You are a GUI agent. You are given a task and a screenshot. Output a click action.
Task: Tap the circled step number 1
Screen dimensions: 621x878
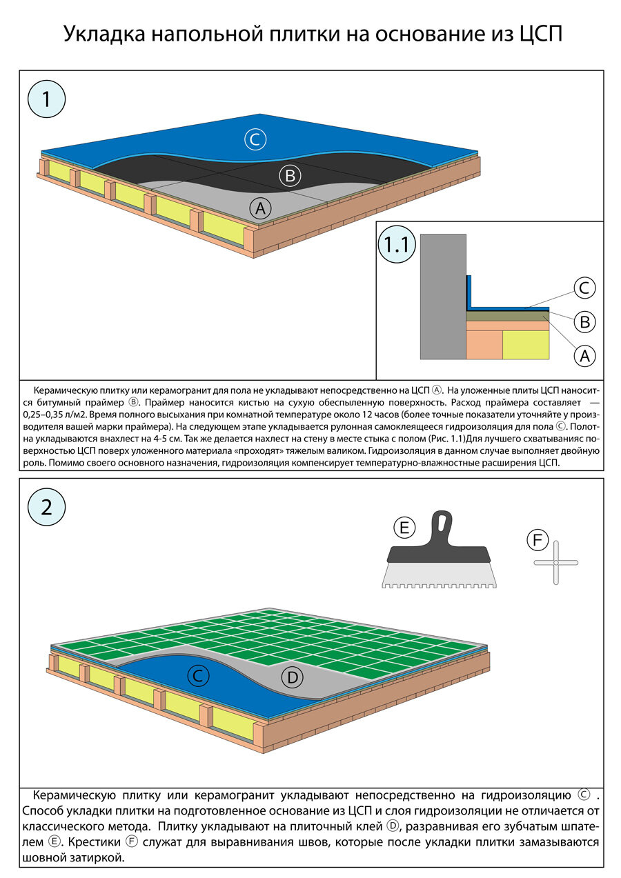pos(46,100)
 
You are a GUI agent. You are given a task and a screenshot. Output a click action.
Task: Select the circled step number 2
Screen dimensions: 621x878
pos(46,507)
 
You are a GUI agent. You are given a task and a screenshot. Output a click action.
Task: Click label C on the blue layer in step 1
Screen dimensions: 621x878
pos(255,140)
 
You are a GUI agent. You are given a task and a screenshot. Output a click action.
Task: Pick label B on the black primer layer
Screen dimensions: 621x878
pos(290,176)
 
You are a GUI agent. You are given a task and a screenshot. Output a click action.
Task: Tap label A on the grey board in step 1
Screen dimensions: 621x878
pos(260,206)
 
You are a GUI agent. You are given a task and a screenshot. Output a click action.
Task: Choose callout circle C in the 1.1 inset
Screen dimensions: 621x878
pos(584,288)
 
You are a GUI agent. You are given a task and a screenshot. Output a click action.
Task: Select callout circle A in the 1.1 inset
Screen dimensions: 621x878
pos(584,356)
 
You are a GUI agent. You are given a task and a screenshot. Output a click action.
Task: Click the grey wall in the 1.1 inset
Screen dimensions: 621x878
pos(442,297)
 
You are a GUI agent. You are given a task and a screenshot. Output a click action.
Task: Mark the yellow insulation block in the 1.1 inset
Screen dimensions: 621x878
pos(526,344)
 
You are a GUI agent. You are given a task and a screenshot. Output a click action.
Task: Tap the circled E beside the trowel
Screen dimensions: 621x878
pos(404,528)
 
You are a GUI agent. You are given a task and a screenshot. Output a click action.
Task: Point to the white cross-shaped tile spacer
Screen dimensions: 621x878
pos(556,563)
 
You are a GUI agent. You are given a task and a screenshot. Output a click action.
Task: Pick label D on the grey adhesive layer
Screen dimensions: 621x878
pos(293,678)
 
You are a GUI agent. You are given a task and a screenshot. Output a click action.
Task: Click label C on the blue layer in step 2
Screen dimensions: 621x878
pos(198,677)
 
